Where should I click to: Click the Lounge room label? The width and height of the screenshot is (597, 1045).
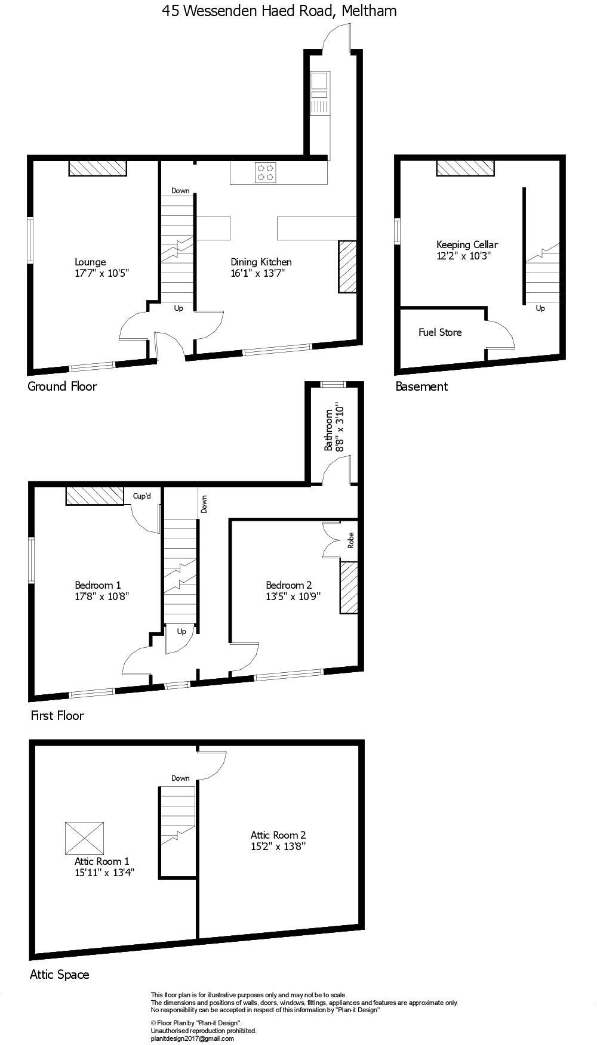pos(90,262)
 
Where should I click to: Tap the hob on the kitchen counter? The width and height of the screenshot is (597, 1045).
pos(266,172)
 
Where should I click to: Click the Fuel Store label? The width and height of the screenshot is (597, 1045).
pos(440,332)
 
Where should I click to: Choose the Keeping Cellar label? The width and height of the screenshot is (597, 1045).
pos(467,245)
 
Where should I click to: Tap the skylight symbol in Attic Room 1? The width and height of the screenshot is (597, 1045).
pos(84,838)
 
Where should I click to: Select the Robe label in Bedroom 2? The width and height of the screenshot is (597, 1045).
pos(351,540)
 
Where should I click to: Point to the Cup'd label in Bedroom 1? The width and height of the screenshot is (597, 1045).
pos(142,496)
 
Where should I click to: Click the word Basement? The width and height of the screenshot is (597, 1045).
pos(421,387)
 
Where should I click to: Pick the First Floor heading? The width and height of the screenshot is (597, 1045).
pos(57,715)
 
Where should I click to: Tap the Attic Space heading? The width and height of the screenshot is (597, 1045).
pos(60,975)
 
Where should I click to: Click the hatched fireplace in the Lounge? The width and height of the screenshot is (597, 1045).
pos(97,168)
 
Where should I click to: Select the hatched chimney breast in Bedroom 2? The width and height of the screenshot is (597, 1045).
pos(349,587)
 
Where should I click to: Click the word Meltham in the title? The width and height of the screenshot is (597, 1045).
pos(368,11)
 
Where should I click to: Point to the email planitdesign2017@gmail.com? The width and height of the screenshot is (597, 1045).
pos(192,1038)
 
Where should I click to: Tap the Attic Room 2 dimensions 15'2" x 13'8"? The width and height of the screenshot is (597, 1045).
pos(278,846)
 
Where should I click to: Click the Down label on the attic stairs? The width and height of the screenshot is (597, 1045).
pos(180,778)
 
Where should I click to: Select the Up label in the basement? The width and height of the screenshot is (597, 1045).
pos(540,308)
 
